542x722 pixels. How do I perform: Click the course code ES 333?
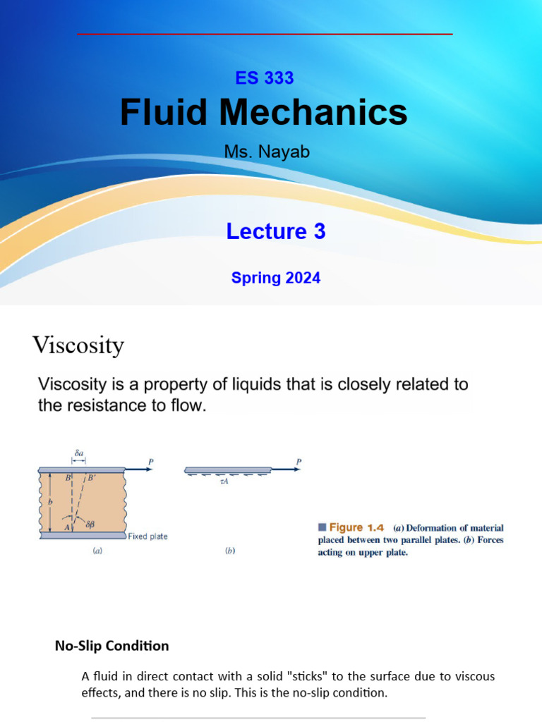point(264,78)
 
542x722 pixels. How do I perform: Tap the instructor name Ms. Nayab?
point(267,152)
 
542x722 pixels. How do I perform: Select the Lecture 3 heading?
point(276,231)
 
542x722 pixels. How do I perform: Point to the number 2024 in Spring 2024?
point(303,278)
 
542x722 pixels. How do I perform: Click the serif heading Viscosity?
point(78,345)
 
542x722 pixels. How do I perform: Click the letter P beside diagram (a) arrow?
point(150,463)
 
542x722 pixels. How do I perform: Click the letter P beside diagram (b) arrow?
point(299,463)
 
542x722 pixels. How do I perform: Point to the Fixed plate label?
point(147,537)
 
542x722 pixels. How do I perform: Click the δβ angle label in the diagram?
point(90,525)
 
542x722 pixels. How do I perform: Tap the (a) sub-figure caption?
point(99,553)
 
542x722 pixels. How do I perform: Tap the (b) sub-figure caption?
point(230,553)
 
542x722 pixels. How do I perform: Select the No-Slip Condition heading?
point(112,646)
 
